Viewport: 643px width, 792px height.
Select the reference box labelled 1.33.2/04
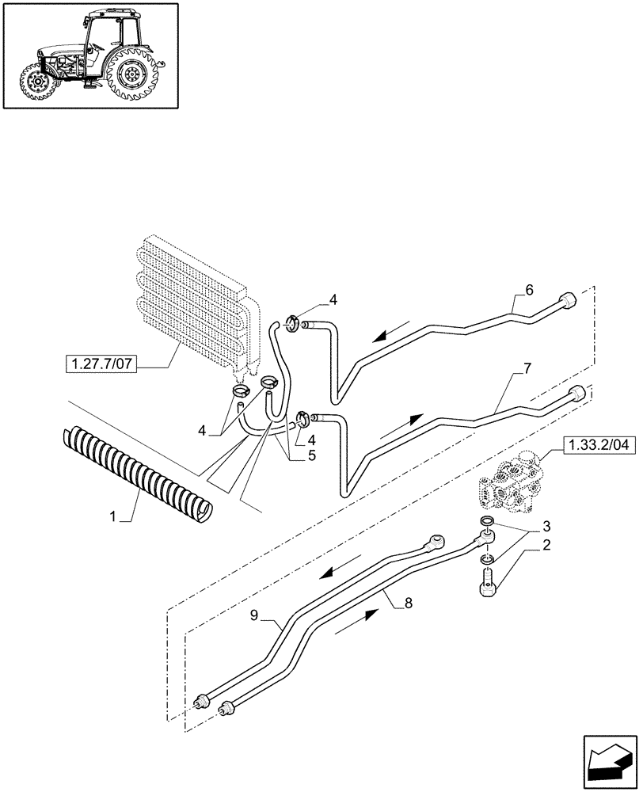[x=601, y=445]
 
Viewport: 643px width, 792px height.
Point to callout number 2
[x=546, y=545]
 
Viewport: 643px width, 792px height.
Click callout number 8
[x=408, y=604]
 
